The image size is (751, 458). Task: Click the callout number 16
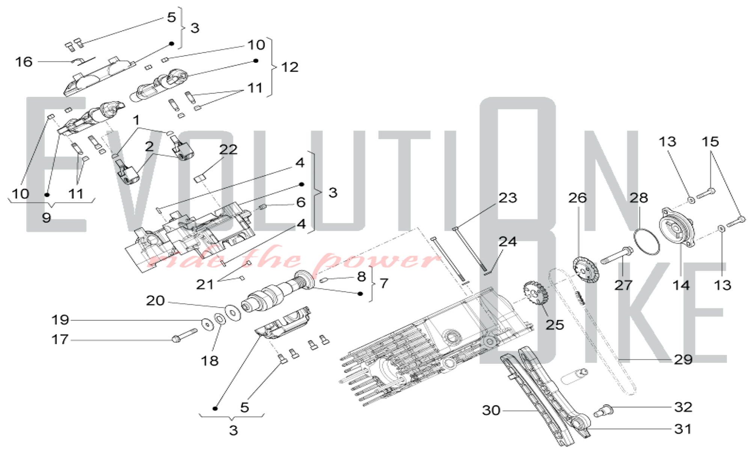coord(24,62)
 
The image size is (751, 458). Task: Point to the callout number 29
coord(683,360)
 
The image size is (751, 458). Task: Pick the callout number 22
coord(228,150)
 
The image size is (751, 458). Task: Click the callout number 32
coord(683,407)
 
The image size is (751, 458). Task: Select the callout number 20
coord(155,301)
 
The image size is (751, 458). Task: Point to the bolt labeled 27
coord(616,255)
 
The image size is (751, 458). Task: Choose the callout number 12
coord(290,67)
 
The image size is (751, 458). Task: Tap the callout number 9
coord(46,218)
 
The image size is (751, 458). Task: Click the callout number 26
coord(577,198)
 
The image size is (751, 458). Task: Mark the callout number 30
coord(491,410)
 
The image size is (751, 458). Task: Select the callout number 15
coord(710,142)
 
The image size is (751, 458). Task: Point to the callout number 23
coord(508,198)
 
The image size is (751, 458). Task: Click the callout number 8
coord(361,277)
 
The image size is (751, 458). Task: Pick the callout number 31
coord(683,429)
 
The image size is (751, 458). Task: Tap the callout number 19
coord(60,320)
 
